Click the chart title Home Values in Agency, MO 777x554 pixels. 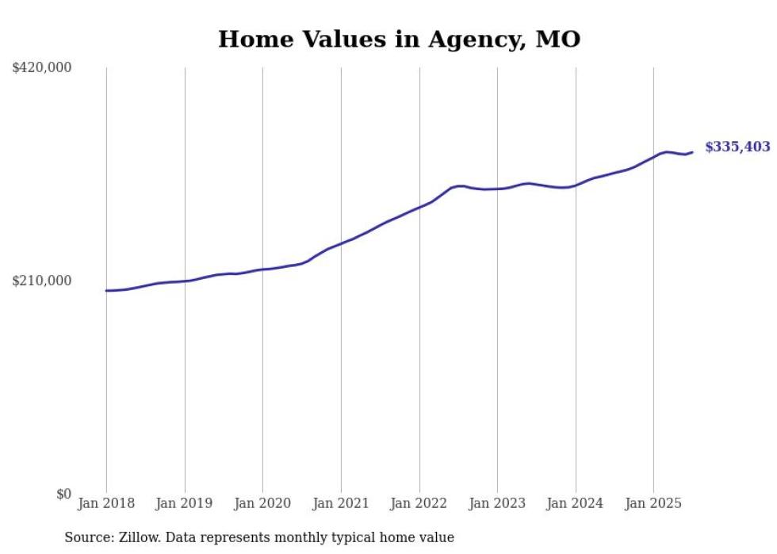pyautogui.click(x=399, y=39)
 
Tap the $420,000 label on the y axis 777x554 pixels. pyautogui.click(x=42, y=68)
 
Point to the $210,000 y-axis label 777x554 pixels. pyautogui.click(x=42, y=281)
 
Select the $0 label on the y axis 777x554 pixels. pyautogui.click(x=63, y=494)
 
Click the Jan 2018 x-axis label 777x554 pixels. pyautogui.click(x=106, y=503)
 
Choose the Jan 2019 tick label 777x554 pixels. pyautogui.click(x=185, y=503)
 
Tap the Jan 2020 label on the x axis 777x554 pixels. pyautogui.click(x=262, y=503)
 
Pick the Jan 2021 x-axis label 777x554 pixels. pyautogui.click(x=341, y=503)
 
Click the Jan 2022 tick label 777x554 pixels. pyautogui.click(x=419, y=503)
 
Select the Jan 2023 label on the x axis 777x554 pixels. pyautogui.click(x=497, y=503)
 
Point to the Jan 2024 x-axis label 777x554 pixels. pyautogui.click(x=576, y=503)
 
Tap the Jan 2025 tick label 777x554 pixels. pyautogui.click(x=653, y=503)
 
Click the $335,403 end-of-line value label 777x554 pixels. pyautogui.click(x=737, y=147)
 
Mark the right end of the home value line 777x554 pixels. pyautogui.click(x=692, y=152)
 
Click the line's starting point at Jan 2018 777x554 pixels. pyautogui.click(x=106, y=291)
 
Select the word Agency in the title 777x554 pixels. pyautogui.click(x=473, y=39)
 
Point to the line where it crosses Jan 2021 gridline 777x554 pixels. pyautogui.click(x=341, y=243)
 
